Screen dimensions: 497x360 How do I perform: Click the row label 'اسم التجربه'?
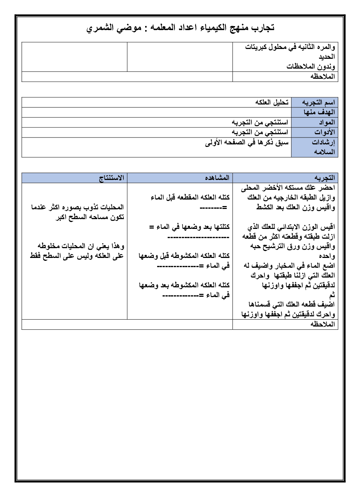(318, 102)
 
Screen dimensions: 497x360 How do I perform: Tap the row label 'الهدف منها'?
(319, 112)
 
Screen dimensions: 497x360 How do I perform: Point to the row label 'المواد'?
(327, 122)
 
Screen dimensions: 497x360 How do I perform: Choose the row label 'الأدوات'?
(324, 132)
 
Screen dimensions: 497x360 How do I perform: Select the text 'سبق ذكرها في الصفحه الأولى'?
(246, 142)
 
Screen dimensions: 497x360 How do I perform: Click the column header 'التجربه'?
(324, 178)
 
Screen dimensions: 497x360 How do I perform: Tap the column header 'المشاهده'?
(217, 178)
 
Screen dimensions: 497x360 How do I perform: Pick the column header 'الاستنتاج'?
(112, 178)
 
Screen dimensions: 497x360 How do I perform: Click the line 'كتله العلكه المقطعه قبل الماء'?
(190, 197)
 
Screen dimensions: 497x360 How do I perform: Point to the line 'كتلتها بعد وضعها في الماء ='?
(189, 227)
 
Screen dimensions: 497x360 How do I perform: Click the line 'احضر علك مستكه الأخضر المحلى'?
(288, 188)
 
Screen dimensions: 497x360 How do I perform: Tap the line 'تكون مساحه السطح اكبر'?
(90, 217)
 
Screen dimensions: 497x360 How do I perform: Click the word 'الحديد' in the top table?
(327, 57)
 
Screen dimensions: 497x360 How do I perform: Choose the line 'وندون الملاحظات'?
(311, 66)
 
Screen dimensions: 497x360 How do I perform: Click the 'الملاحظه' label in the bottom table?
(323, 324)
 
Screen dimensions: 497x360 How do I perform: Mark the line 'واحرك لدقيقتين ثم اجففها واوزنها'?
(288, 314)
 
